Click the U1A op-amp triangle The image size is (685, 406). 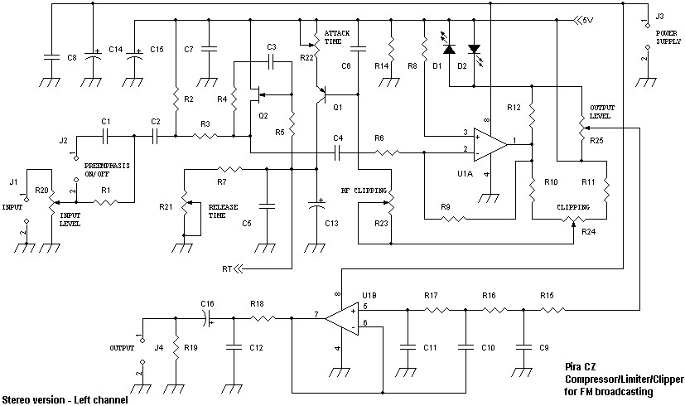tap(490, 144)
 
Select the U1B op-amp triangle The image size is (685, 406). tap(341, 319)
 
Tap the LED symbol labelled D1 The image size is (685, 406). tap(449, 46)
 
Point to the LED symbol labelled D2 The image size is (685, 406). tap(475, 51)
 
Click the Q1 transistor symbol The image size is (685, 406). tap(323, 94)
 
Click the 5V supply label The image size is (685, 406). tap(585, 20)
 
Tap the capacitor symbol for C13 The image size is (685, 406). tap(316, 205)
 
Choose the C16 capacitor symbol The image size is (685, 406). tap(208, 319)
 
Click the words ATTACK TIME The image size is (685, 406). tap(337, 37)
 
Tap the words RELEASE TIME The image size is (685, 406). tap(223, 211)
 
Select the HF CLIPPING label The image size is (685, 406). tap(364, 191)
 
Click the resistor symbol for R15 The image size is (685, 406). tap(552, 310)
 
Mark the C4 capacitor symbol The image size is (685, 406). tap(338, 152)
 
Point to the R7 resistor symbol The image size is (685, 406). tap(229, 169)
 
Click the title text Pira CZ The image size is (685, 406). tap(580, 367)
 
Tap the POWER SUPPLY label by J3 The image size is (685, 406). tap(668, 37)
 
